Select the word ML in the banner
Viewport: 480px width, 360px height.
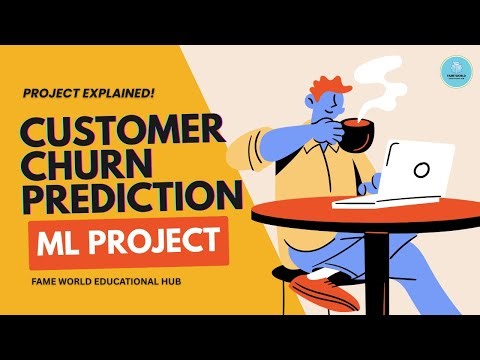(66, 241)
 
